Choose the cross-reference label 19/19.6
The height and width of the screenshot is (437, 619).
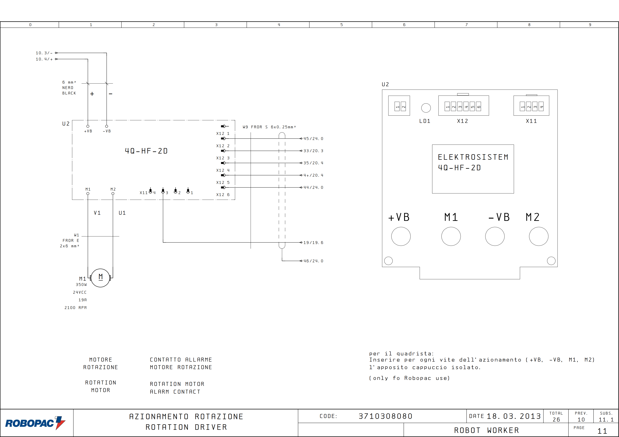313,243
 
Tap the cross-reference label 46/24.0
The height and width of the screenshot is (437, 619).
313,261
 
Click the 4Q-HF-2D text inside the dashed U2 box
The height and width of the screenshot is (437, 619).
146,151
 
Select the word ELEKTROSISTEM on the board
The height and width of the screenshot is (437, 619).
473,157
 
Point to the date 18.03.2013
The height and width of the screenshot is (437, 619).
514,416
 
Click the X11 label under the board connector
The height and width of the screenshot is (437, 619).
531,121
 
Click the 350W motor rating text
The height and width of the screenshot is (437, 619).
81,285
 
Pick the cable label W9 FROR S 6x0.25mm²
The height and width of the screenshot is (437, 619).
269,127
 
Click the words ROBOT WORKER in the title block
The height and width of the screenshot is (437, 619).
487,430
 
